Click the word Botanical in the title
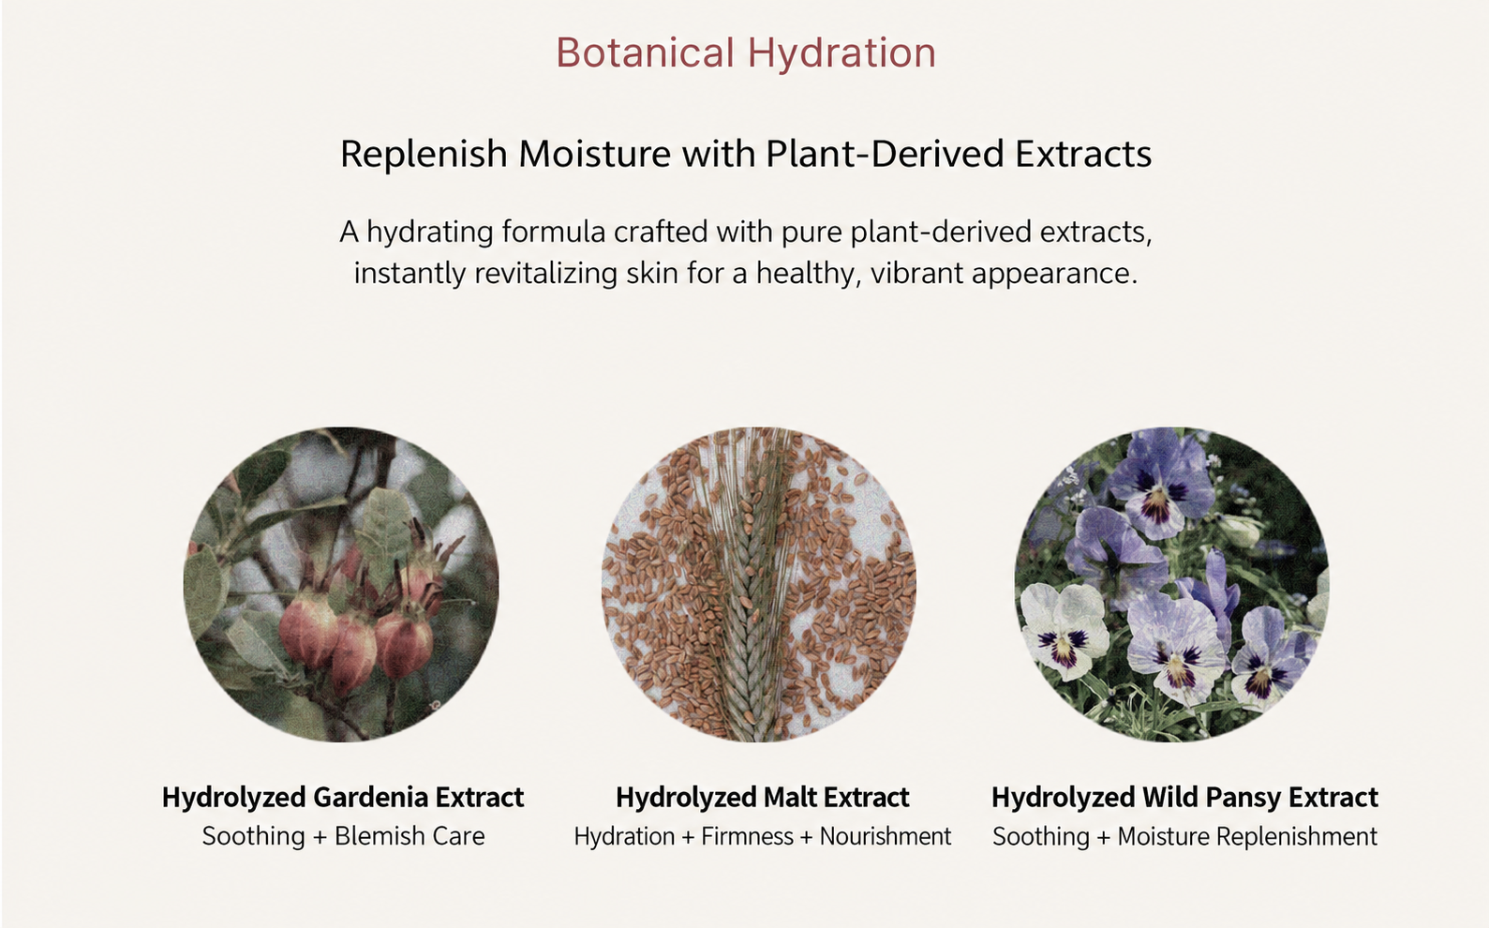coord(645,52)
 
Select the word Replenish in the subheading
coord(424,155)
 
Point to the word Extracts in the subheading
coord(1083,154)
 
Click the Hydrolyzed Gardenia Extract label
coord(343,798)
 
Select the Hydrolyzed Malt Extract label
coord(763,798)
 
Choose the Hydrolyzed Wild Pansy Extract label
coord(1184,798)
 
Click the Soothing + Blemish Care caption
coord(343,836)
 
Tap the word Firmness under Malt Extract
coord(747,836)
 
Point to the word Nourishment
coord(886,836)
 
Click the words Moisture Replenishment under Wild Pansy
coord(1247,836)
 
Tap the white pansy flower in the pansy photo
coord(1064,630)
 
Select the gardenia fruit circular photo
coord(341,584)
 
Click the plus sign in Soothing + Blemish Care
coord(320,837)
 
